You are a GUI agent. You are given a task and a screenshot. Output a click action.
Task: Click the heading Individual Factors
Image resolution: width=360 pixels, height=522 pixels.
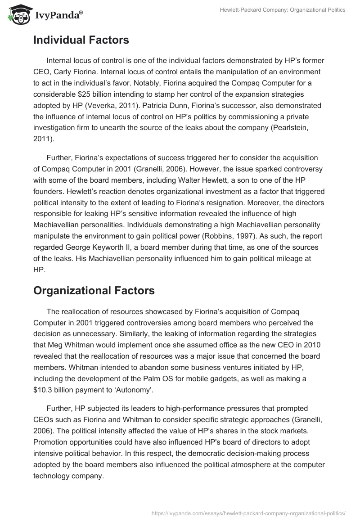(81, 40)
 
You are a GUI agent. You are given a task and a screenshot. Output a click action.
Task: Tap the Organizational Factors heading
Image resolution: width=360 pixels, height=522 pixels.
(94, 291)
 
